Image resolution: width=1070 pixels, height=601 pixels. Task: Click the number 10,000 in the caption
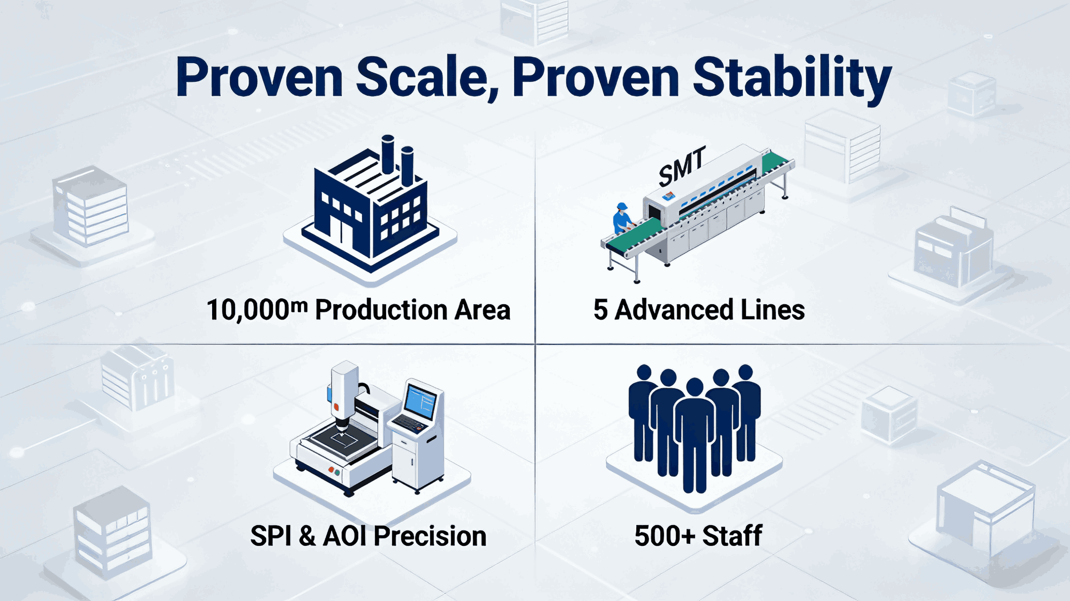tap(248, 311)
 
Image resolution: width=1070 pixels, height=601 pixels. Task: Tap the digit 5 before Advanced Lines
tap(600, 310)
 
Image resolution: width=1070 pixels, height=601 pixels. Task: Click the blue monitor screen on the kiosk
tap(420, 400)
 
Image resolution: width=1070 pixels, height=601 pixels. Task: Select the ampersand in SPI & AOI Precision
tap(306, 536)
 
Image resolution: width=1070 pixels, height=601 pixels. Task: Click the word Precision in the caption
tap(430, 536)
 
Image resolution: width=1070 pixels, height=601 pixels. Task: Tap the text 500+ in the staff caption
tap(665, 536)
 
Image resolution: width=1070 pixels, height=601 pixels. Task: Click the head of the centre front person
tap(694, 387)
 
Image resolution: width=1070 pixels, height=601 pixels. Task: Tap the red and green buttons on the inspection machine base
tap(334, 471)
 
